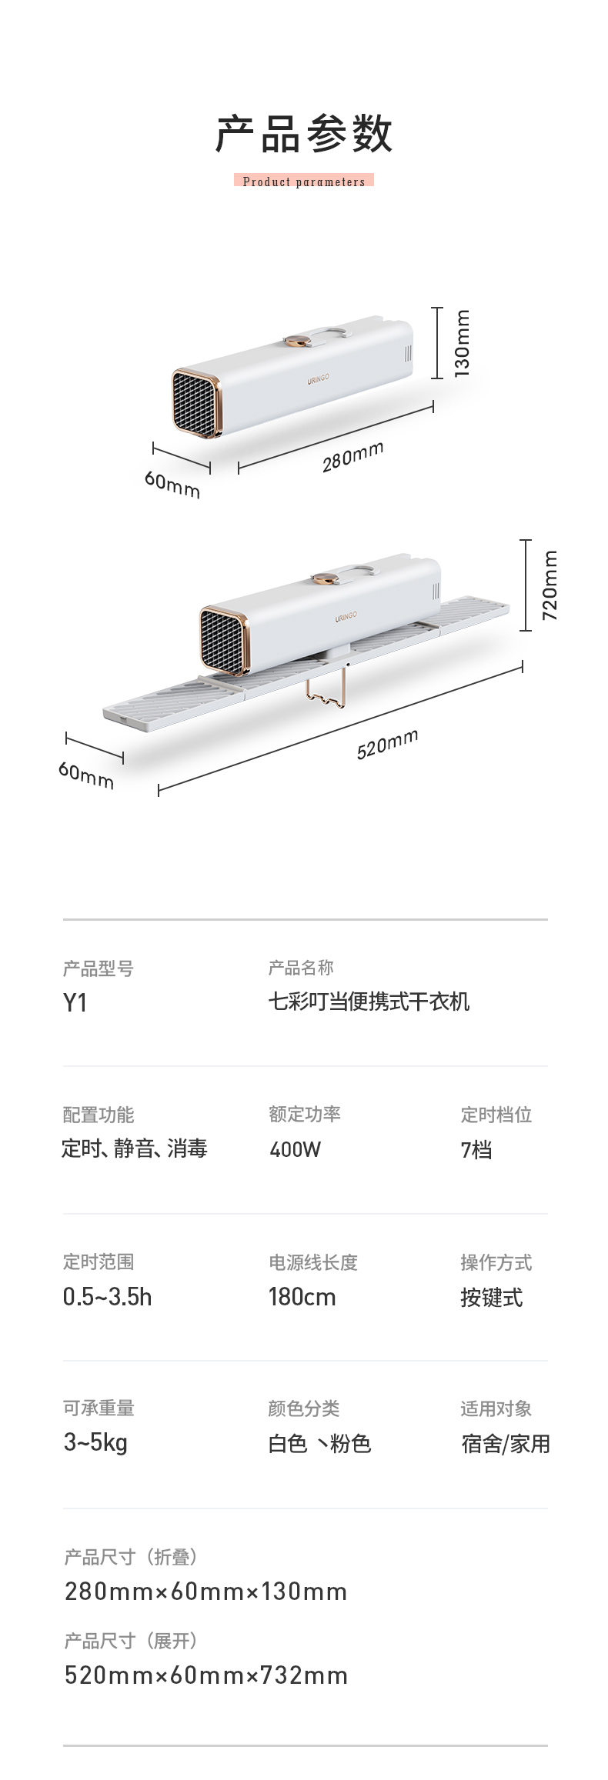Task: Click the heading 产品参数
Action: [304, 134]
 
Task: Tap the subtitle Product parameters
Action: [304, 182]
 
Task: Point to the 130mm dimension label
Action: [461, 343]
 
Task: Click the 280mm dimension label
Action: [352, 457]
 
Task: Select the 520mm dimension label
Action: [387, 744]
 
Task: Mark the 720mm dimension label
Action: [550, 585]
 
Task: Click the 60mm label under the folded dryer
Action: [172, 485]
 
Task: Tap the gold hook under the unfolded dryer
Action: [325, 692]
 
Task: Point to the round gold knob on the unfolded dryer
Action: [326, 578]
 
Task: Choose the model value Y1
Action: [75, 1003]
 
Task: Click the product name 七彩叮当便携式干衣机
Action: [369, 1002]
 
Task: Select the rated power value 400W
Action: [295, 1149]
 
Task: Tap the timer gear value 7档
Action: [476, 1149]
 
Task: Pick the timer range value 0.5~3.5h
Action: [107, 1297]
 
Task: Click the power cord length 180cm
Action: [302, 1297]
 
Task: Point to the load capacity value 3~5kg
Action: [95, 1442]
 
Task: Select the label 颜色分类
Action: [303, 1408]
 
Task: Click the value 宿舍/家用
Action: [505, 1444]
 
